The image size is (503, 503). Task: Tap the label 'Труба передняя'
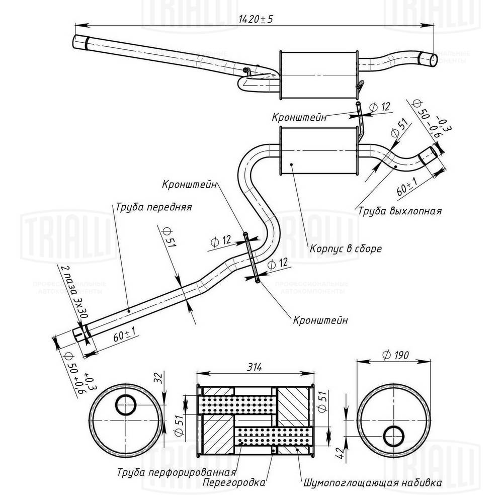153,207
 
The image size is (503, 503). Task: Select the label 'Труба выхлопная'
400,211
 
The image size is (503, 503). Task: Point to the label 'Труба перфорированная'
177,473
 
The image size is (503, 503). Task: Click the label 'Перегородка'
234,483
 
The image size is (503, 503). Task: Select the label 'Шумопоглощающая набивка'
373,483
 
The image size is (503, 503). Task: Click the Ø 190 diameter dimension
395,355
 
